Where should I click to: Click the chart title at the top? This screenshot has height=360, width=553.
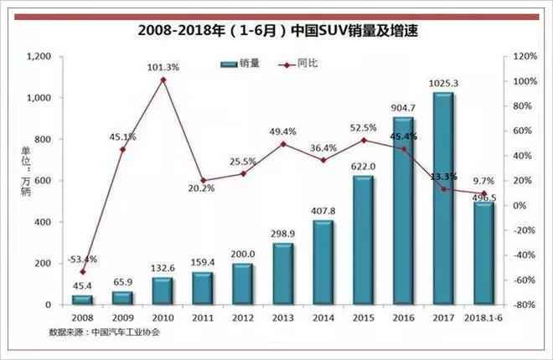tap(276, 31)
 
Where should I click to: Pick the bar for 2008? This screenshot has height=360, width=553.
tap(81, 299)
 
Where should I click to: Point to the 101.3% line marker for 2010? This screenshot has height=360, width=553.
tap(163, 80)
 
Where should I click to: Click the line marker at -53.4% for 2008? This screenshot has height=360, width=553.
tap(82, 272)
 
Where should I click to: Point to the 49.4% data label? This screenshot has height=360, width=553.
tap(283, 131)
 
